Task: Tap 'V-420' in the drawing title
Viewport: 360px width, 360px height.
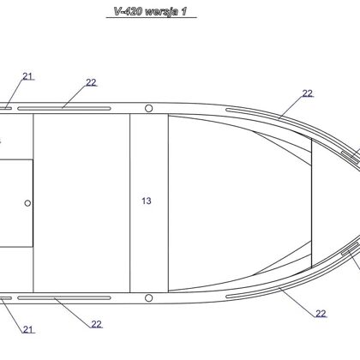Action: coord(129,11)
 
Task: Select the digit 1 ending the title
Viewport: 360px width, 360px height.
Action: coord(184,11)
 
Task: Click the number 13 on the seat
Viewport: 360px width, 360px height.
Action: coord(147,201)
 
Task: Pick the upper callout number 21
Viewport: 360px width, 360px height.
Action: coord(27,76)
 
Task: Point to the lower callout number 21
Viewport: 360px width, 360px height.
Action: coord(28,329)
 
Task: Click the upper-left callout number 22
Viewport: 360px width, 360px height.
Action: coord(91,82)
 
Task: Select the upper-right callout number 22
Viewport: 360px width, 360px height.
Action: coord(308,93)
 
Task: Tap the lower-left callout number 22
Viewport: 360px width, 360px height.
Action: coord(96,324)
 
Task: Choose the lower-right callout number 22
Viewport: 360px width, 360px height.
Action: coord(321,314)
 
